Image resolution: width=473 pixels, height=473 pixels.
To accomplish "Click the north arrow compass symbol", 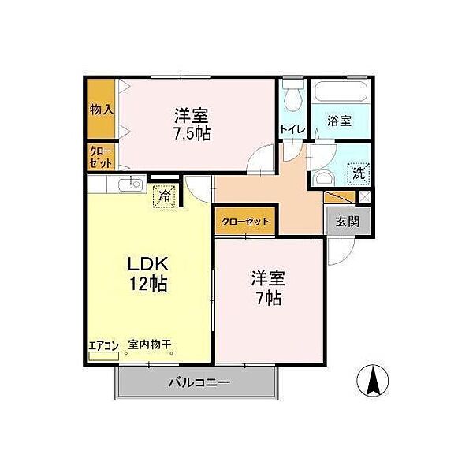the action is pyautogui.click(x=373, y=381).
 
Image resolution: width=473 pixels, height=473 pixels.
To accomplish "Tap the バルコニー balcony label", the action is pyautogui.click(x=199, y=383).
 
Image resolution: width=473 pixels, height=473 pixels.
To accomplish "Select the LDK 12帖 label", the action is pyautogui.click(x=148, y=274).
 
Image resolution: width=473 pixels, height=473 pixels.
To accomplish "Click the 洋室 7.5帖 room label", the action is pyautogui.click(x=192, y=125).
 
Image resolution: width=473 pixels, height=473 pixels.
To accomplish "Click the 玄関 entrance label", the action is pyautogui.click(x=348, y=222).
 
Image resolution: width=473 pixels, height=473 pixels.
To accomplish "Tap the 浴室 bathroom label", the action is pyautogui.click(x=339, y=121).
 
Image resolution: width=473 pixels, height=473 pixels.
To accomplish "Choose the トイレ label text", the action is pyautogui.click(x=292, y=130).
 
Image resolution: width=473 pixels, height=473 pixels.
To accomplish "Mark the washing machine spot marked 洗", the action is pyautogui.click(x=359, y=173).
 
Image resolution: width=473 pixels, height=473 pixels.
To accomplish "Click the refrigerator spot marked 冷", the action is pyautogui.click(x=164, y=196).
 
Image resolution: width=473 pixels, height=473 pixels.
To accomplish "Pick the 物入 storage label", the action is pyautogui.click(x=102, y=110).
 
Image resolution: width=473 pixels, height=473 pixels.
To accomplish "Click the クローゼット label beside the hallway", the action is pyautogui.click(x=245, y=222).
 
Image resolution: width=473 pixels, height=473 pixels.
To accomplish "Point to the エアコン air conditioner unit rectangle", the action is pyautogui.click(x=104, y=356).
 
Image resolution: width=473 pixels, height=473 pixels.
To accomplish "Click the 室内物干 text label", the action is pyautogui.click(x=150, y=345).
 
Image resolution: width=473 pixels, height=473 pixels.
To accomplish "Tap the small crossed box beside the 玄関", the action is pyautogui.click(x=364, y=198).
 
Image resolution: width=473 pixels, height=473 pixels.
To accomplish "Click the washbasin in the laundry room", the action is pyautogui.click(x=324, y=179).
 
